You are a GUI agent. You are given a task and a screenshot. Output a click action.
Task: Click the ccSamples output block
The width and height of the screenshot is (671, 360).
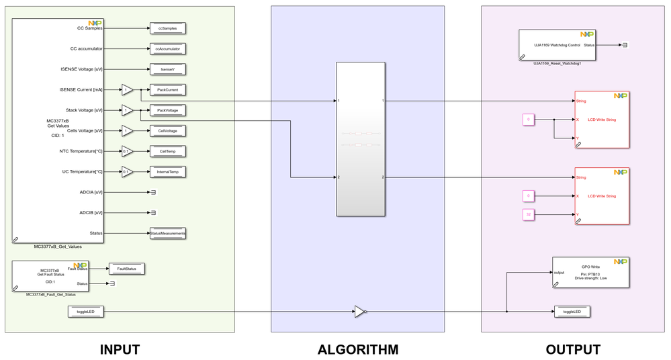[167, 28]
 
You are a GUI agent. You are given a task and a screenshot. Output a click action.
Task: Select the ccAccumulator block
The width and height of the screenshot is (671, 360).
[167, 48]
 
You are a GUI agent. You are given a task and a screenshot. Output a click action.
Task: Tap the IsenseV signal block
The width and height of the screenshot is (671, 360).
[167, 69]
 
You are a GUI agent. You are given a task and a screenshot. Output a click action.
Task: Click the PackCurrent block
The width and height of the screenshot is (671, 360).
[167, 89]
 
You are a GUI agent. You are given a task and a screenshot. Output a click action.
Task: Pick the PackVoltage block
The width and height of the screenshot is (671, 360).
[167, 109]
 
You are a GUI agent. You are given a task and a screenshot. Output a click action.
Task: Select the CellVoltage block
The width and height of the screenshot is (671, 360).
[167, 130]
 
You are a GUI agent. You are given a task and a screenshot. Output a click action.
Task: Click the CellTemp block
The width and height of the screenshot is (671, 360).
[167, 151]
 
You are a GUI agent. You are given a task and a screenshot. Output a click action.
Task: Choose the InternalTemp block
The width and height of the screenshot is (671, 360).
[167, 172]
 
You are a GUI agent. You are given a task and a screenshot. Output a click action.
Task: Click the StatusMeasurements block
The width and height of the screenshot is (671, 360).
[167, 233]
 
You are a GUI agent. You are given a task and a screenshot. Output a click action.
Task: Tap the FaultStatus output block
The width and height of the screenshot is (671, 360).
[126, 269]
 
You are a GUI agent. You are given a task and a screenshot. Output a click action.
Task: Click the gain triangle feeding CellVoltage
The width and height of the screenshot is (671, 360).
[126, 130]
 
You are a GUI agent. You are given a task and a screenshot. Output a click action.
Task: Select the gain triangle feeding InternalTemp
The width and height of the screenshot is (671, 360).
[126, 172]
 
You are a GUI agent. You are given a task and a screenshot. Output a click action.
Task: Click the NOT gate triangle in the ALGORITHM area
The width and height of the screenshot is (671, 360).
[360, 312]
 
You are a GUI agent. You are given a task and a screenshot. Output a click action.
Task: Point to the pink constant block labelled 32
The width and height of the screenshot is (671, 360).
[529, 215]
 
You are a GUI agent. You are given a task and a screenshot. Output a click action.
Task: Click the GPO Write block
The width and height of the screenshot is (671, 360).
[590, 272]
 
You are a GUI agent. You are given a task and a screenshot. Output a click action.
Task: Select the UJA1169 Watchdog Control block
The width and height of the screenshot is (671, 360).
[558, 45]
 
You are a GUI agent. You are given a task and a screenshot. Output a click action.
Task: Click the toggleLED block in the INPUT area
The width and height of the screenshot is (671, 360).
[85, 312]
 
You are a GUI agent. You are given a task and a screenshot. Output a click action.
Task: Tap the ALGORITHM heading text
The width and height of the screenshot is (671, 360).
[358, 349]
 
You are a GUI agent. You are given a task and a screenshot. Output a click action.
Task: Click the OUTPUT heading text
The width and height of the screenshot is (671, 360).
[573, 349]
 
